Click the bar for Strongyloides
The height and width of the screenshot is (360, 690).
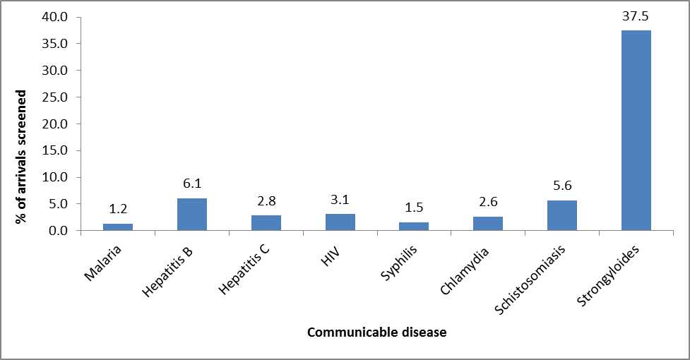tap(636, 131)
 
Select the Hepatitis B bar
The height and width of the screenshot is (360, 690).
tap(191, 215)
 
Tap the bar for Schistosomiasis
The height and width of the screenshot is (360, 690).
tap(561, 215)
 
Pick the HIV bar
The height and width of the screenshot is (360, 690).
tap(340, 222)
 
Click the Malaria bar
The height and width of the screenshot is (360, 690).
tap(118, 227)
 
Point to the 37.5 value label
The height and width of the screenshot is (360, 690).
tap(636, 16)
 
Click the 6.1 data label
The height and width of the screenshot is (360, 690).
tap(191, 184)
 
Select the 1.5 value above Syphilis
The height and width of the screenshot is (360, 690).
tap(414, 208)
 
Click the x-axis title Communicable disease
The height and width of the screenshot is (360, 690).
tap(376, 332)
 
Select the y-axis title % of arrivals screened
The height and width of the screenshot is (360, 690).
tap(22, 157)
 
